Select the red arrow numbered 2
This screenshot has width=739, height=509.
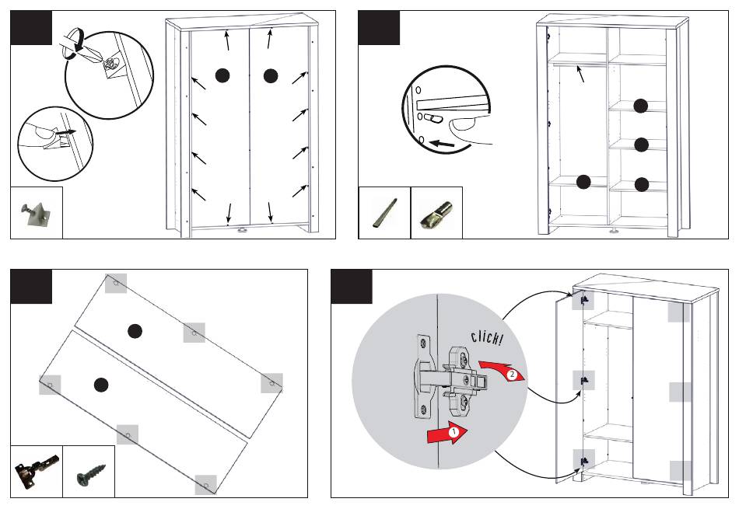[503, 371]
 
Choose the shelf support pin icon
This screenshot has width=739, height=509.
[436, 214]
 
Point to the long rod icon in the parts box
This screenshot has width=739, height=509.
[384, 213]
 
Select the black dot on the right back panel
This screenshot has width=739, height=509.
[270, 75]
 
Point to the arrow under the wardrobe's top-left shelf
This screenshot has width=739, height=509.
[580, 75]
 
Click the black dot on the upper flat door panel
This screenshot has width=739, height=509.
[135, 330]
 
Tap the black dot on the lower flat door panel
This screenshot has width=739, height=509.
[100, 385]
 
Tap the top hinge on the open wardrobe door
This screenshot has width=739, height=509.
[583, 298]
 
